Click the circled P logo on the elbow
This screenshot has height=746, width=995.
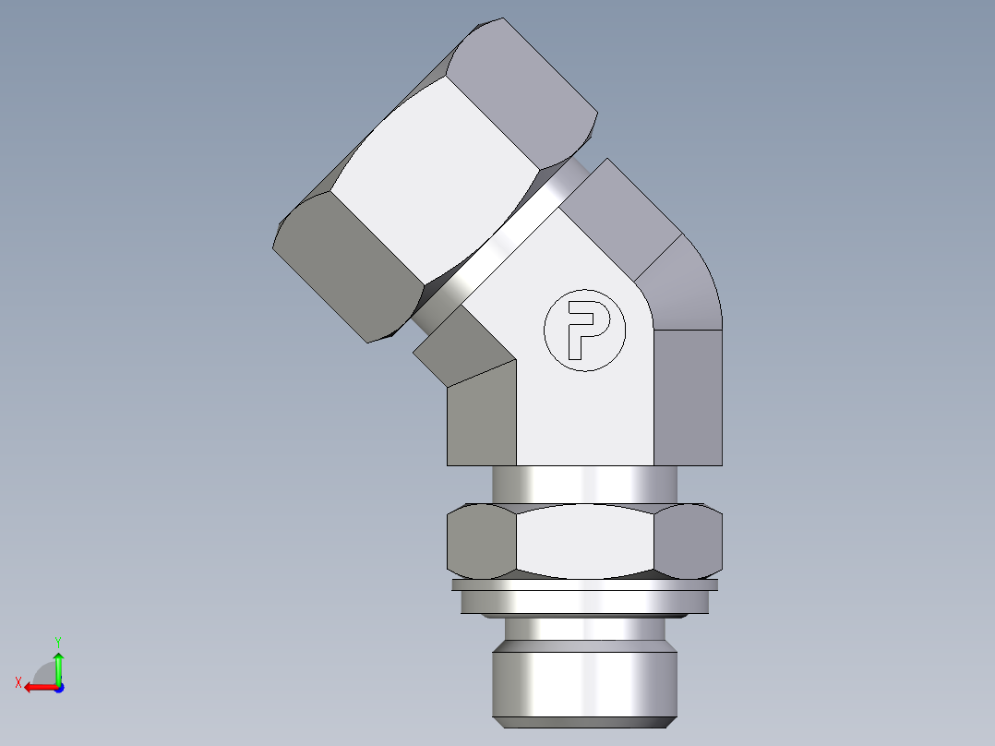[x=584, y=330]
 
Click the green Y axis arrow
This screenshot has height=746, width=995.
[x=58, y=664]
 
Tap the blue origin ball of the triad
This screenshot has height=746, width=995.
[x=58, y=687]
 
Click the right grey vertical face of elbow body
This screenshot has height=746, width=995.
[x=689, y=397]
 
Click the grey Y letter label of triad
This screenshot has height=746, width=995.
[x=57, y=640]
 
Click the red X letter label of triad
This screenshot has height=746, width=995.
[x=18, y=682]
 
